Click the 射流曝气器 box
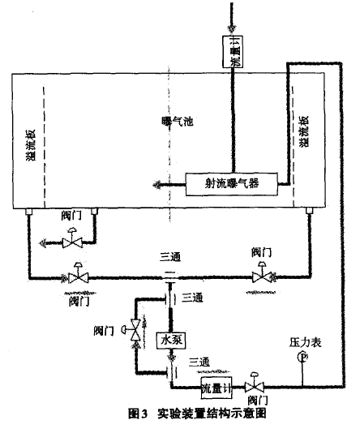(x=231, y=184)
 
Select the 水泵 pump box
(x=171, y=341)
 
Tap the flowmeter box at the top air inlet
(x=233, y=51)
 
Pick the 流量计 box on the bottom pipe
(x=216, y=388)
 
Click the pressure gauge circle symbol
(x=302, y=357)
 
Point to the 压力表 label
(x=306, y=343)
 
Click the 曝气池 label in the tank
(x=178, y=122)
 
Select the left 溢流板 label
(x=31, y=145)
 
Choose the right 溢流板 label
(x=304, y=131)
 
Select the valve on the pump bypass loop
(x=134, y=330)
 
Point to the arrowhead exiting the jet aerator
(x=156, y=184)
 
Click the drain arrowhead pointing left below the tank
(x=43, y=243)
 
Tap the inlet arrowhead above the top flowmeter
(x=231, y=28)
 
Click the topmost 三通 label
(x=170, y=257)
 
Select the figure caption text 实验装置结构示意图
(x=212, y=414)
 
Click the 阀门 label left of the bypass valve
(x=104, y=330)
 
